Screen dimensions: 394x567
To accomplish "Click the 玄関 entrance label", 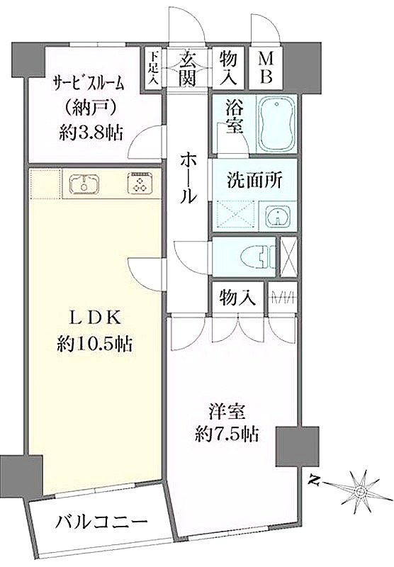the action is tap(188, 68).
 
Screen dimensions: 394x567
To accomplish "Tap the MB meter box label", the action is tap(266, 68).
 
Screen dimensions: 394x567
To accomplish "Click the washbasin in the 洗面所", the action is tap(278, 215).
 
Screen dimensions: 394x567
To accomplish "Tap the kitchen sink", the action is tap(84, 184).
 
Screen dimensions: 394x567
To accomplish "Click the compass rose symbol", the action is tap(361, 491).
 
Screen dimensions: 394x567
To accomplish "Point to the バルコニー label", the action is tap(102, 522).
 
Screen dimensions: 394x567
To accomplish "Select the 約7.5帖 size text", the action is tap(227, 434).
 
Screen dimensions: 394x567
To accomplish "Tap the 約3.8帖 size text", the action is tap(91, 133).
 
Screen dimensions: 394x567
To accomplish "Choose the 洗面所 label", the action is tap(255, 180).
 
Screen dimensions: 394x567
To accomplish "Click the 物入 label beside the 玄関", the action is tap(228, 68).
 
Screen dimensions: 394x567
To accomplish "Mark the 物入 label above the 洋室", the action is tap(238, 298).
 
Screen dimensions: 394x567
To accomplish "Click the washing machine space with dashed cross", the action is tap(235, 215).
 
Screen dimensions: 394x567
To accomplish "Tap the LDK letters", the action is tap(94, 318).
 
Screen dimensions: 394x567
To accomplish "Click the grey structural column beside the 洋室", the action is tap(298, 447).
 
